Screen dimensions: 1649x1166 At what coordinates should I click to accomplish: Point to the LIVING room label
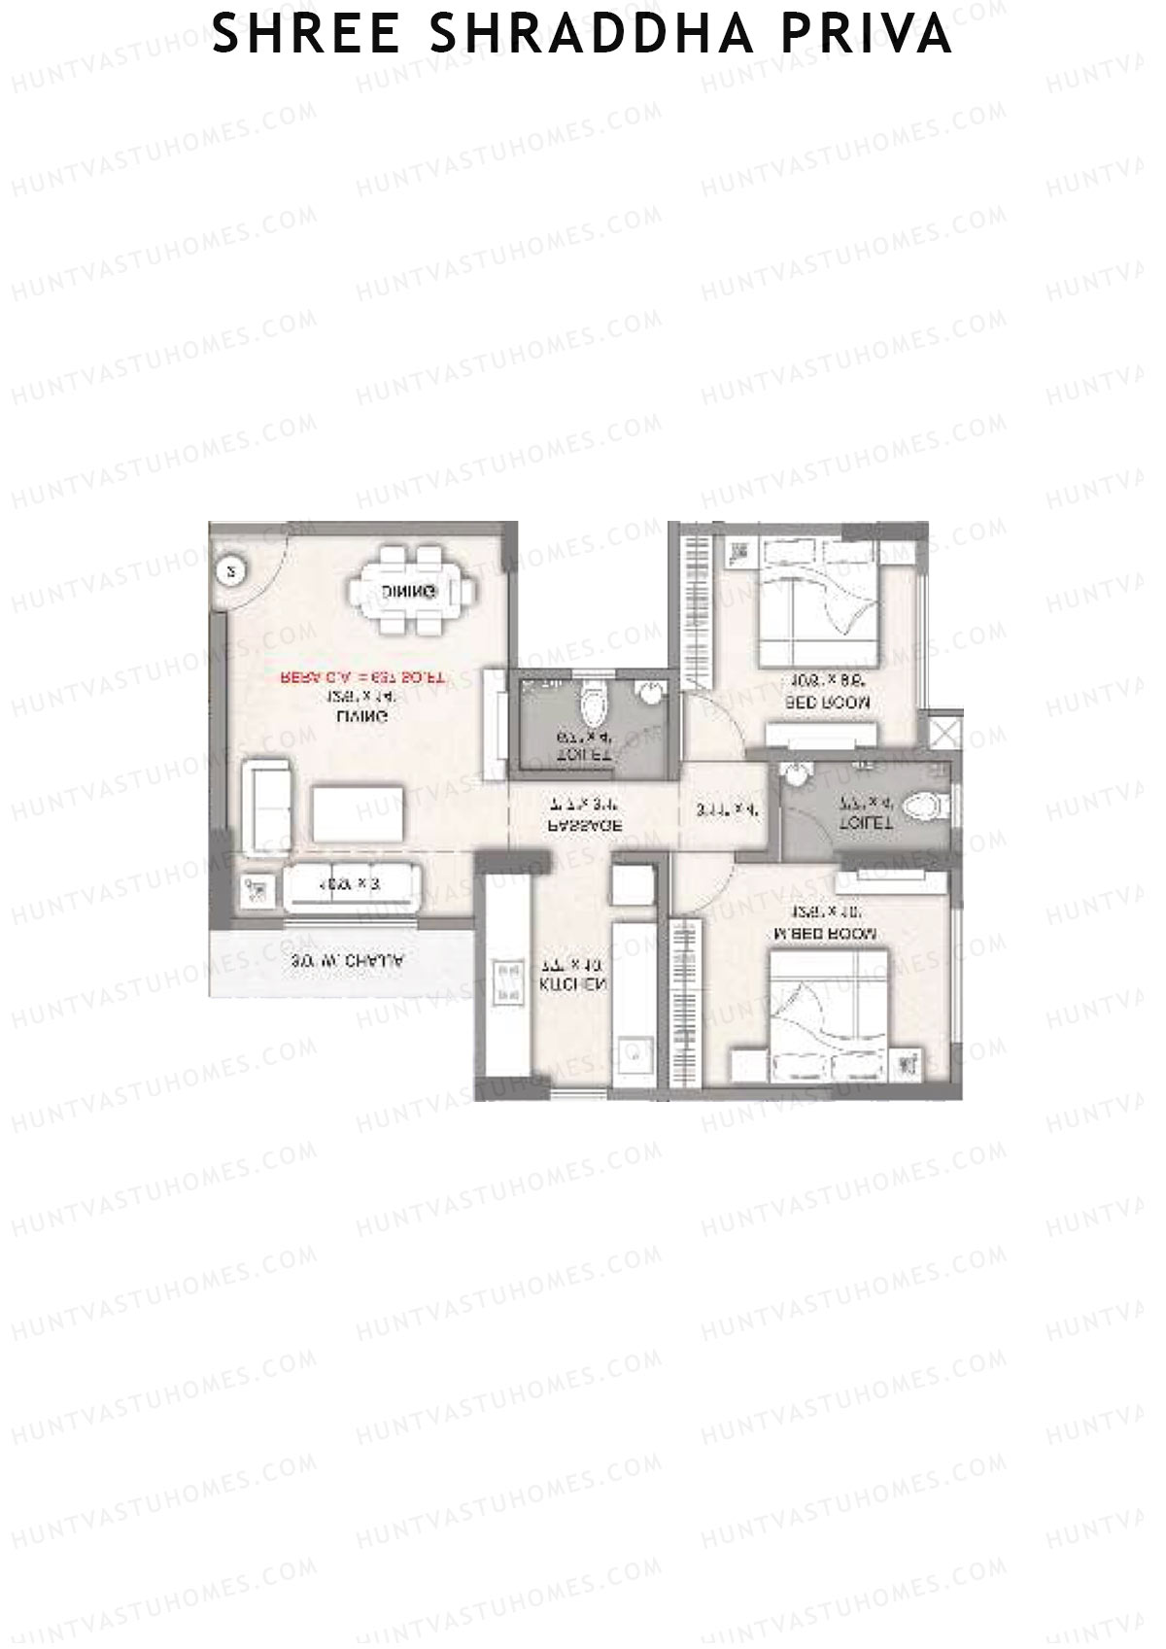tap(362, 716)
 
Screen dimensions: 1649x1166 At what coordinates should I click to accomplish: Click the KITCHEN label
tap(573, 984)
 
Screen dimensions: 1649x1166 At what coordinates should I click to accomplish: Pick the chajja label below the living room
tap(347, 962)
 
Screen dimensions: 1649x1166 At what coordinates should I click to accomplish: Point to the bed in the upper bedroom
tap(818, 612)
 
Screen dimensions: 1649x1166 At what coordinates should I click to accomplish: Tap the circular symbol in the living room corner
tap(230, 572)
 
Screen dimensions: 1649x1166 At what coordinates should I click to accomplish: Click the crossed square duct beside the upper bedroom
tap(945, 729)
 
